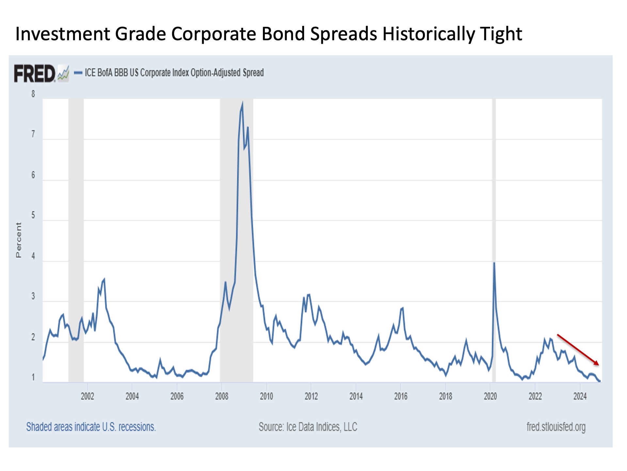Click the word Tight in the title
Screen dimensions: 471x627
[501, 34]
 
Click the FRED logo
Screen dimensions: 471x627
[35, 73]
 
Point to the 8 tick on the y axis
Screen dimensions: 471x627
[33, 94]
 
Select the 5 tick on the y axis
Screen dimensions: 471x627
[33, 216]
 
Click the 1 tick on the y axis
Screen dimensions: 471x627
[33, 377]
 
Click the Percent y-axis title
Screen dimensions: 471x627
[19, 240]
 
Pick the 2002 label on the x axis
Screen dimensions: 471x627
[87, 396]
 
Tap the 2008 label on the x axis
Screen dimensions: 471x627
[222, 396]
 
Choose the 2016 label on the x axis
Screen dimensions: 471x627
[401, 396]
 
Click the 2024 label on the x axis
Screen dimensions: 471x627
[580, 396]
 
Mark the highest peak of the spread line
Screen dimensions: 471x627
[242, 103]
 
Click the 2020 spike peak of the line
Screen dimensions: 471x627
[494, 263]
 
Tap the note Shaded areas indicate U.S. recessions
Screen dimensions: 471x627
[91, 427]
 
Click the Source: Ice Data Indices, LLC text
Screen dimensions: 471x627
[308, 427]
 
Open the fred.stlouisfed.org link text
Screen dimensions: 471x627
[556, 427]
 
